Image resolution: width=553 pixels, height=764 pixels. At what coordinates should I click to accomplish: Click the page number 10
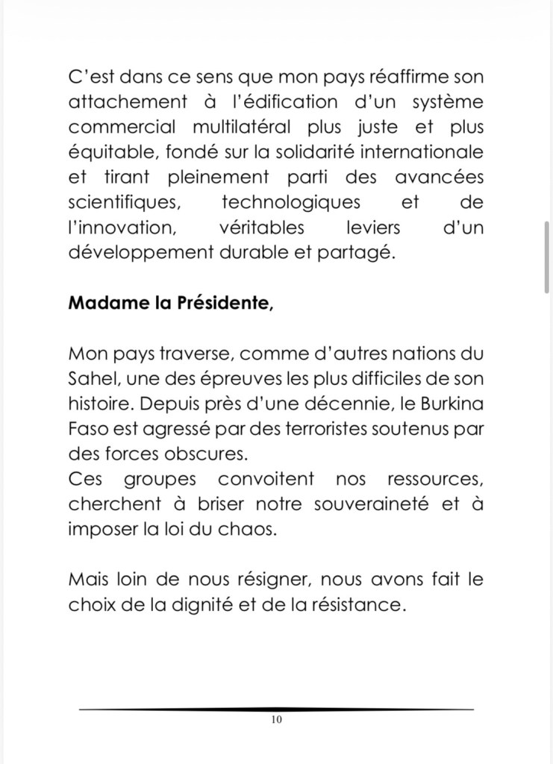tap(277, 720)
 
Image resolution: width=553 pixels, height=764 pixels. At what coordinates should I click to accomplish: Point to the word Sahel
tap(91, 378)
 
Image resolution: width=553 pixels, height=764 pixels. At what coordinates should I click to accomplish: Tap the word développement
tap(140, 252)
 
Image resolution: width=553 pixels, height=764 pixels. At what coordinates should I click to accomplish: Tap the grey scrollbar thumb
tap(547, 258)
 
